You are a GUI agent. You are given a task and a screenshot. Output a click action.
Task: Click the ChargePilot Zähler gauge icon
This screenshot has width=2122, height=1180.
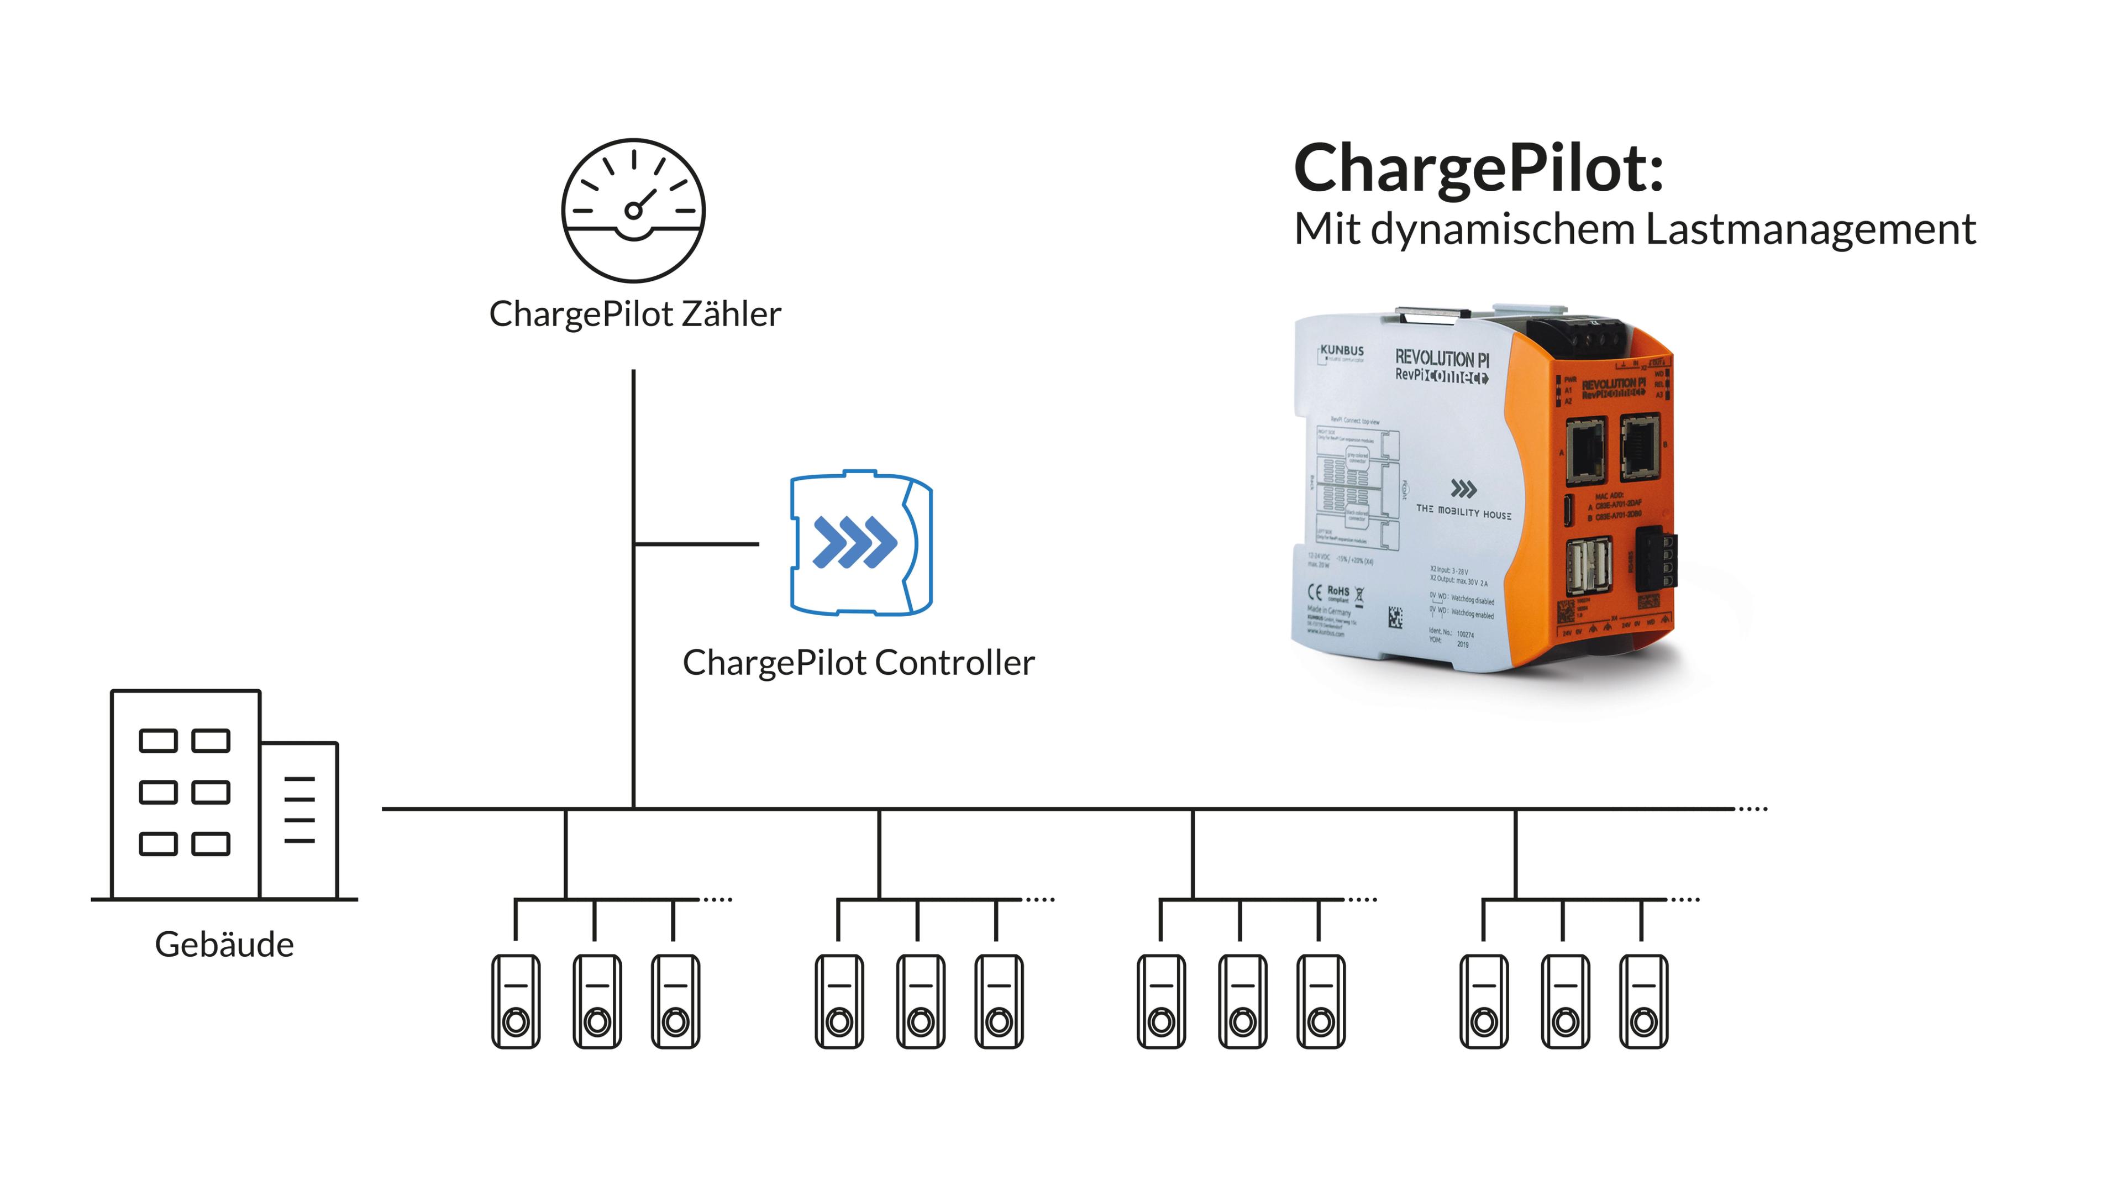(x=633, y=210)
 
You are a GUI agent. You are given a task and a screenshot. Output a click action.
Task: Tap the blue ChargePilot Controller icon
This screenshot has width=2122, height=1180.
(x=861, y=543)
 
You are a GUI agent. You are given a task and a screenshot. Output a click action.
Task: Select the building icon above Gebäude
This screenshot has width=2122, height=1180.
(x=224, y=795)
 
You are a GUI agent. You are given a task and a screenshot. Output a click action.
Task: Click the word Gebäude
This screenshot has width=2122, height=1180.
(x=224, y=945)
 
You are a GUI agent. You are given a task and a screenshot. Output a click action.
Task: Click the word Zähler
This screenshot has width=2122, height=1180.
(x=732, y=314)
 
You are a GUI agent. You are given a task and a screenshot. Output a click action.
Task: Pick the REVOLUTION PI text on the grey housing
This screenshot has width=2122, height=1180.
(x=1442, y=359)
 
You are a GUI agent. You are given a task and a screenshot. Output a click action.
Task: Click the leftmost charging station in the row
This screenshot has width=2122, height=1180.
(x=516, y=1001)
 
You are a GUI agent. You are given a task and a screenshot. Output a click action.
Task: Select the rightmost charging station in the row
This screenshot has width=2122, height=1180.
(x=1643, y=1001)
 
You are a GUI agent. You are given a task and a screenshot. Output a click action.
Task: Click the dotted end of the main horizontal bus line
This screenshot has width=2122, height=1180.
(x=1753, y=809)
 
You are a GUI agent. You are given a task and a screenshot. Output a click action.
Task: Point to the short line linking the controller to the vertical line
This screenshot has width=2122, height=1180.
(x=697, y=544)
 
